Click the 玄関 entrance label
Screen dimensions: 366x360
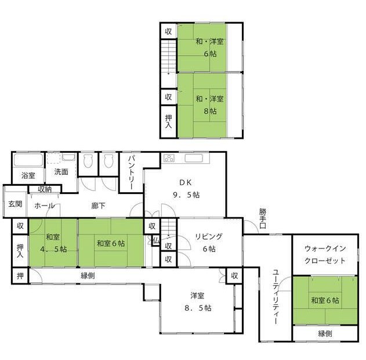click(16, 204)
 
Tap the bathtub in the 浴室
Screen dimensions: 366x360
click(28, 160)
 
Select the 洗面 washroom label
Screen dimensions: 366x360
click(61, 172)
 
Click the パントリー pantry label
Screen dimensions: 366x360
click(131, 172)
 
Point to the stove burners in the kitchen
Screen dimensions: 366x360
click(169, 159)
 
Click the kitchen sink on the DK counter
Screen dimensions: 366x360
click(194, 158)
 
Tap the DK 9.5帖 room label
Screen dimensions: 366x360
click(186, 189)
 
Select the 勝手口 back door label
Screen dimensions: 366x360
click(263, 218)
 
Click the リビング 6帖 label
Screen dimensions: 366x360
click(209, 243)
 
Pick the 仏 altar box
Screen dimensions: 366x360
click(155, 240)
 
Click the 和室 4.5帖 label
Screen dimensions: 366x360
click(53, 243)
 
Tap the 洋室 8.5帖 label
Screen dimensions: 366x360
click(198, 302)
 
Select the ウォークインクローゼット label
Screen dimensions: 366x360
click(325, 255)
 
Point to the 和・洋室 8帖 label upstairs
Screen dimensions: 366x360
click(209, 105)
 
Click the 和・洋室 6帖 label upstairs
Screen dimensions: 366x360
click(209, 48)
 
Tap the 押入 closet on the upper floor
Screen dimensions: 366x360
click(168, 122)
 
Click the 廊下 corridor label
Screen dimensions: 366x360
click(98, 206)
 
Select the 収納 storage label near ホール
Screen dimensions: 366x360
click(45, 189)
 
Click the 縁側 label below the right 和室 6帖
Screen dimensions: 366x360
click(325, 333)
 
